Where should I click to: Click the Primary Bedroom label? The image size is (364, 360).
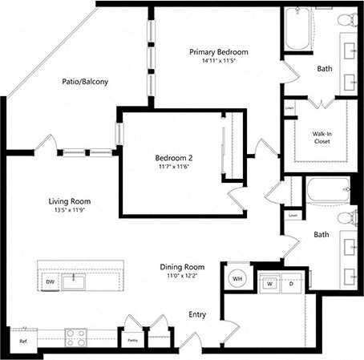pyautogui.click(x=218, y=52)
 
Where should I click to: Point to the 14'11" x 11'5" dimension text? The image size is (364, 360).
pyautogui.click(x=218, y=61)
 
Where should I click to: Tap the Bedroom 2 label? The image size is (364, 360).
pyautogui.click(x=173, y=158)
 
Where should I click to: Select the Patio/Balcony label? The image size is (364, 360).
pyautogui.click(x=85, y=82)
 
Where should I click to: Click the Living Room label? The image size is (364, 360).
pyautogui.click(x=70, y=201)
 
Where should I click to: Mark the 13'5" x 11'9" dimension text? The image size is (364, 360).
pyautogui.click(x=70, y=211)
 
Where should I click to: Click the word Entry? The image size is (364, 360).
pyautogui.click(x=197, y=314)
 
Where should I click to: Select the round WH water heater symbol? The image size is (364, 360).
pyautogui.click(x=238, y=278)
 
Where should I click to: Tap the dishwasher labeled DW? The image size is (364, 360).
pyautogui.click(x=50, y=282)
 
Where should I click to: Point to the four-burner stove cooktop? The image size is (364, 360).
pyautogui.click(x=76, y=337)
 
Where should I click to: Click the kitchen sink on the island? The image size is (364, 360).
pyautogui.click(x=75, y=280)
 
